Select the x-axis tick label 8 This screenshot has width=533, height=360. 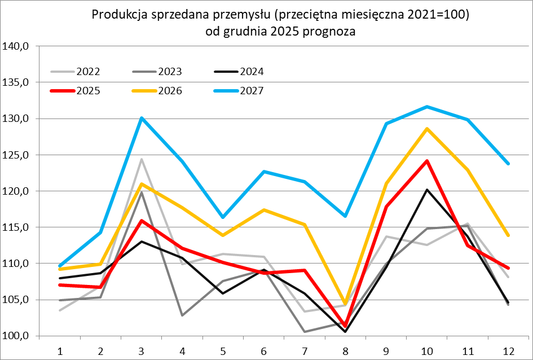tap(345, 350)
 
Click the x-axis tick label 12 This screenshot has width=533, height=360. tap(509, 350)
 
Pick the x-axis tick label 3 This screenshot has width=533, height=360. tap(141, 350)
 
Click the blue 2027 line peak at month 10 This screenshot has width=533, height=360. tap(427, 107)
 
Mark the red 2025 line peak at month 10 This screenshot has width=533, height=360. tap(427, 161)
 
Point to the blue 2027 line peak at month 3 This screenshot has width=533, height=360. tap(142, 118)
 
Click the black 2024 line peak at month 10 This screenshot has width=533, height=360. tap(427, 190)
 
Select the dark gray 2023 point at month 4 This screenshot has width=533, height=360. tap(182, 315)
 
